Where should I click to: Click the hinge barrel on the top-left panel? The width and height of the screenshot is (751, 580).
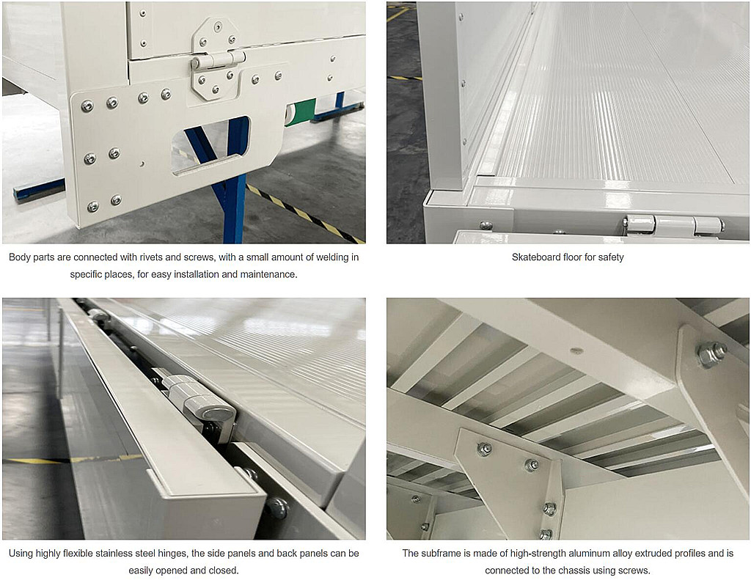pyautogui.click(x=218, y=60)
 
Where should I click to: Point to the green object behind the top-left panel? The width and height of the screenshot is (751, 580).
pyautogui.click(x=300, y=111)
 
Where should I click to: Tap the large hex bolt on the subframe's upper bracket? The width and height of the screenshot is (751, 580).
pyautogui.click(x=711, y=354)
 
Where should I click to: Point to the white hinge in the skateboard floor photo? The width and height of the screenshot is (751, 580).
pyautogui.click(x=673, y=225)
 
